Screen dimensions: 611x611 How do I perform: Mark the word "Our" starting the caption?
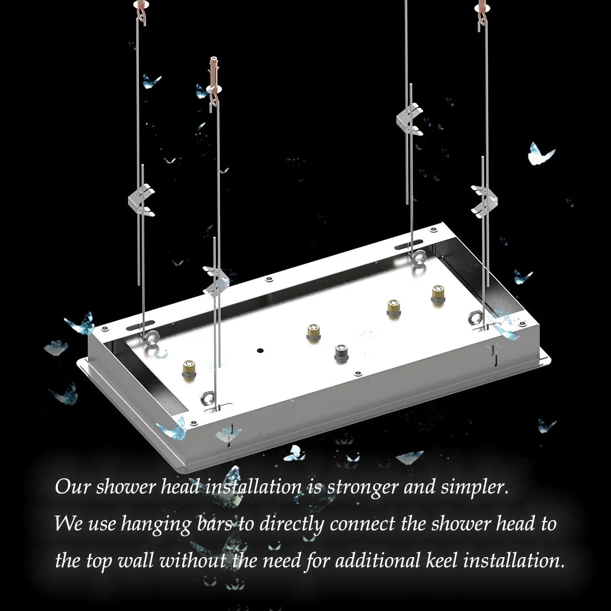[x=72, y=487]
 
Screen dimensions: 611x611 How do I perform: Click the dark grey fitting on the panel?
[x=341, y=353]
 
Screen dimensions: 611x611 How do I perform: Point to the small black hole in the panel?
[x=259, y=351]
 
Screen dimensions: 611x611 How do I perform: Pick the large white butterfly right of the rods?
[x=540, y=154]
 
